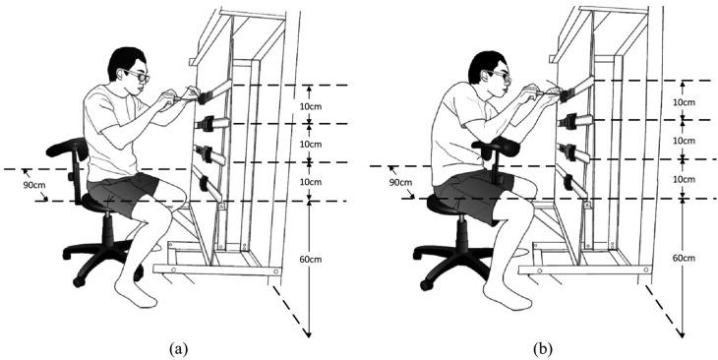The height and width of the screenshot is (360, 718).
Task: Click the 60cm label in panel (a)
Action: (311, 260)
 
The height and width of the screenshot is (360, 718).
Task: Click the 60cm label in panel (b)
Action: (685, 258)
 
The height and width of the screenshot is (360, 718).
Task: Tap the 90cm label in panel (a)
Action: (33, 187)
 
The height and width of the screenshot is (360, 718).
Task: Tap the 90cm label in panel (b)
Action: (400, 182)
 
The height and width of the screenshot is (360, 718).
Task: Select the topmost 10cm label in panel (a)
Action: (311, 106)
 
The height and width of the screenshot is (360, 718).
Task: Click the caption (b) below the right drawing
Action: (543, 349)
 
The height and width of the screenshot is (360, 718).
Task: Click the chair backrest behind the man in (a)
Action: (68, 148)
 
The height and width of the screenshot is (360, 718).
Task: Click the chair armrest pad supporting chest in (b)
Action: (497, 146)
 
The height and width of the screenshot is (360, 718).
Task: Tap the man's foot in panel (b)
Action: (507, 296)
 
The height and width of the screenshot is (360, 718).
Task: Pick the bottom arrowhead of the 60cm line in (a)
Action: (309, 334)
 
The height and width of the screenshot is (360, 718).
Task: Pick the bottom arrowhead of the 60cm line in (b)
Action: (683, 334)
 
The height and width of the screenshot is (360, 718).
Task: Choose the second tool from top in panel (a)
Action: (211, 123)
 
